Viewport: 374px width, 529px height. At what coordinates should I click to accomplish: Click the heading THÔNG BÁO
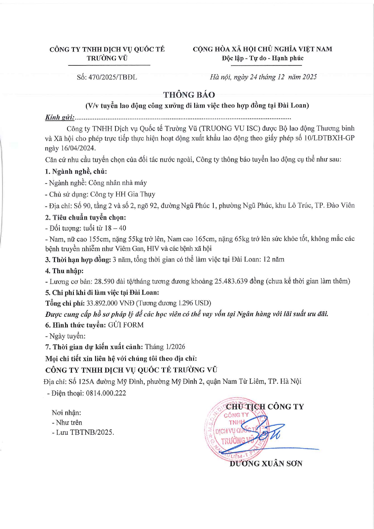click(189, 95)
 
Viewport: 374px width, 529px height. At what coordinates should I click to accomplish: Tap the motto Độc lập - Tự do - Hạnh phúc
click(262, 58)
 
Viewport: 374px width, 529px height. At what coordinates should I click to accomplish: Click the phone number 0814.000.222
click(106, 393)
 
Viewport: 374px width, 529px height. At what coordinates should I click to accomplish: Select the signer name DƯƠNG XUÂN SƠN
click(266, 464)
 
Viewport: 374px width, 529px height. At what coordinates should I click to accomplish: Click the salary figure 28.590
click(104, 281)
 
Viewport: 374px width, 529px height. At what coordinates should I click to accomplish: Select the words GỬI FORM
click(126, 325)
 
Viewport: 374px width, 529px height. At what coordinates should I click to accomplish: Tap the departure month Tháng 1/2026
click(165, 347)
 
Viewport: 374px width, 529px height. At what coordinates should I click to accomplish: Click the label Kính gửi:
click(60, 118)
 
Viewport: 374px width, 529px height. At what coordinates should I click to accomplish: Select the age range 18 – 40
click(115, 228)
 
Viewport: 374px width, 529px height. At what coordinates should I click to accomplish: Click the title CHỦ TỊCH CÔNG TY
click(265, 407)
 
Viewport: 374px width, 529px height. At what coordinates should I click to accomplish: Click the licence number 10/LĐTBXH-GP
click(329, 138)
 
